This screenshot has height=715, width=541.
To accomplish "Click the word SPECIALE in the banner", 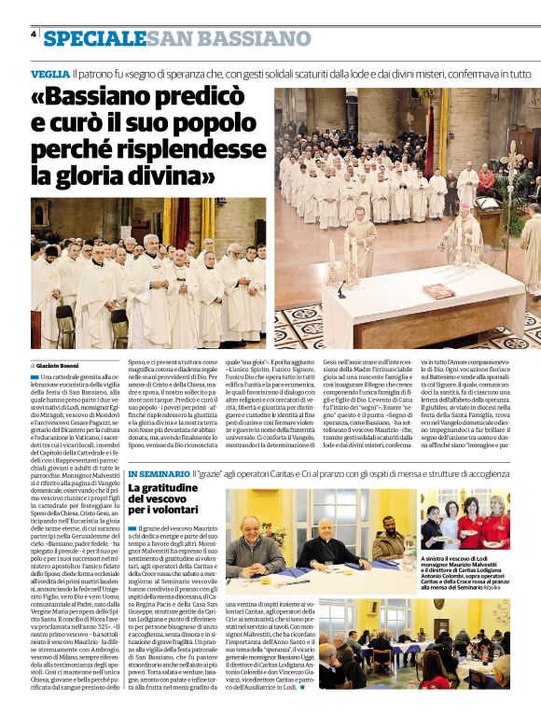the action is pos(94,38).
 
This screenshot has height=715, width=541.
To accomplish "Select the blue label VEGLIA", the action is pos(49,73).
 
